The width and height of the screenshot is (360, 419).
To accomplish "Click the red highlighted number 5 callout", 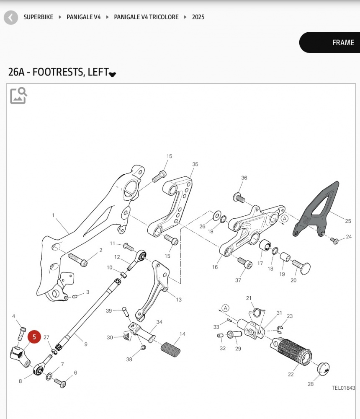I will coord(34,337).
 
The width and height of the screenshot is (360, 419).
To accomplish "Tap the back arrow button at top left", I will coord(11,18).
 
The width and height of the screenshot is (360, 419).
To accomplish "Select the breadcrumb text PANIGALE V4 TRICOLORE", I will coord(146,17).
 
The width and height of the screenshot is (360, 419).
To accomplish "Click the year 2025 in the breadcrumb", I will coord(198,17).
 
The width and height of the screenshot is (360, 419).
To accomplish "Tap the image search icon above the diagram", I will coord(18,96).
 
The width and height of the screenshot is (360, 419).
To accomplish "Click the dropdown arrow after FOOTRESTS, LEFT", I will coord(112,74).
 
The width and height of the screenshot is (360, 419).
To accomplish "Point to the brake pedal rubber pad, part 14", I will coord(170,349).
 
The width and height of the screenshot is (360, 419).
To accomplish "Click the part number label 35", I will coord(195,164).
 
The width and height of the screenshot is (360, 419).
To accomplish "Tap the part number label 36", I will coord(244,178).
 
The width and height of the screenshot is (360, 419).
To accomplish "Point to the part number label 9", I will coord(86,344).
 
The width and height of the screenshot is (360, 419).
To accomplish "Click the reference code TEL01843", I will coord(343,388).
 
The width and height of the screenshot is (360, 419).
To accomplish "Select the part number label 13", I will coord(179,300).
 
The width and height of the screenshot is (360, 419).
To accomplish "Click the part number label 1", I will coord(53,215).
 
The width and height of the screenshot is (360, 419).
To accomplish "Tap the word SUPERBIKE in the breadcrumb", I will coord(39,17).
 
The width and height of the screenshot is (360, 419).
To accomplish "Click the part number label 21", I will coord(249,298).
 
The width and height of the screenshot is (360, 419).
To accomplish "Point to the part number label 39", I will coord(109,310).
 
